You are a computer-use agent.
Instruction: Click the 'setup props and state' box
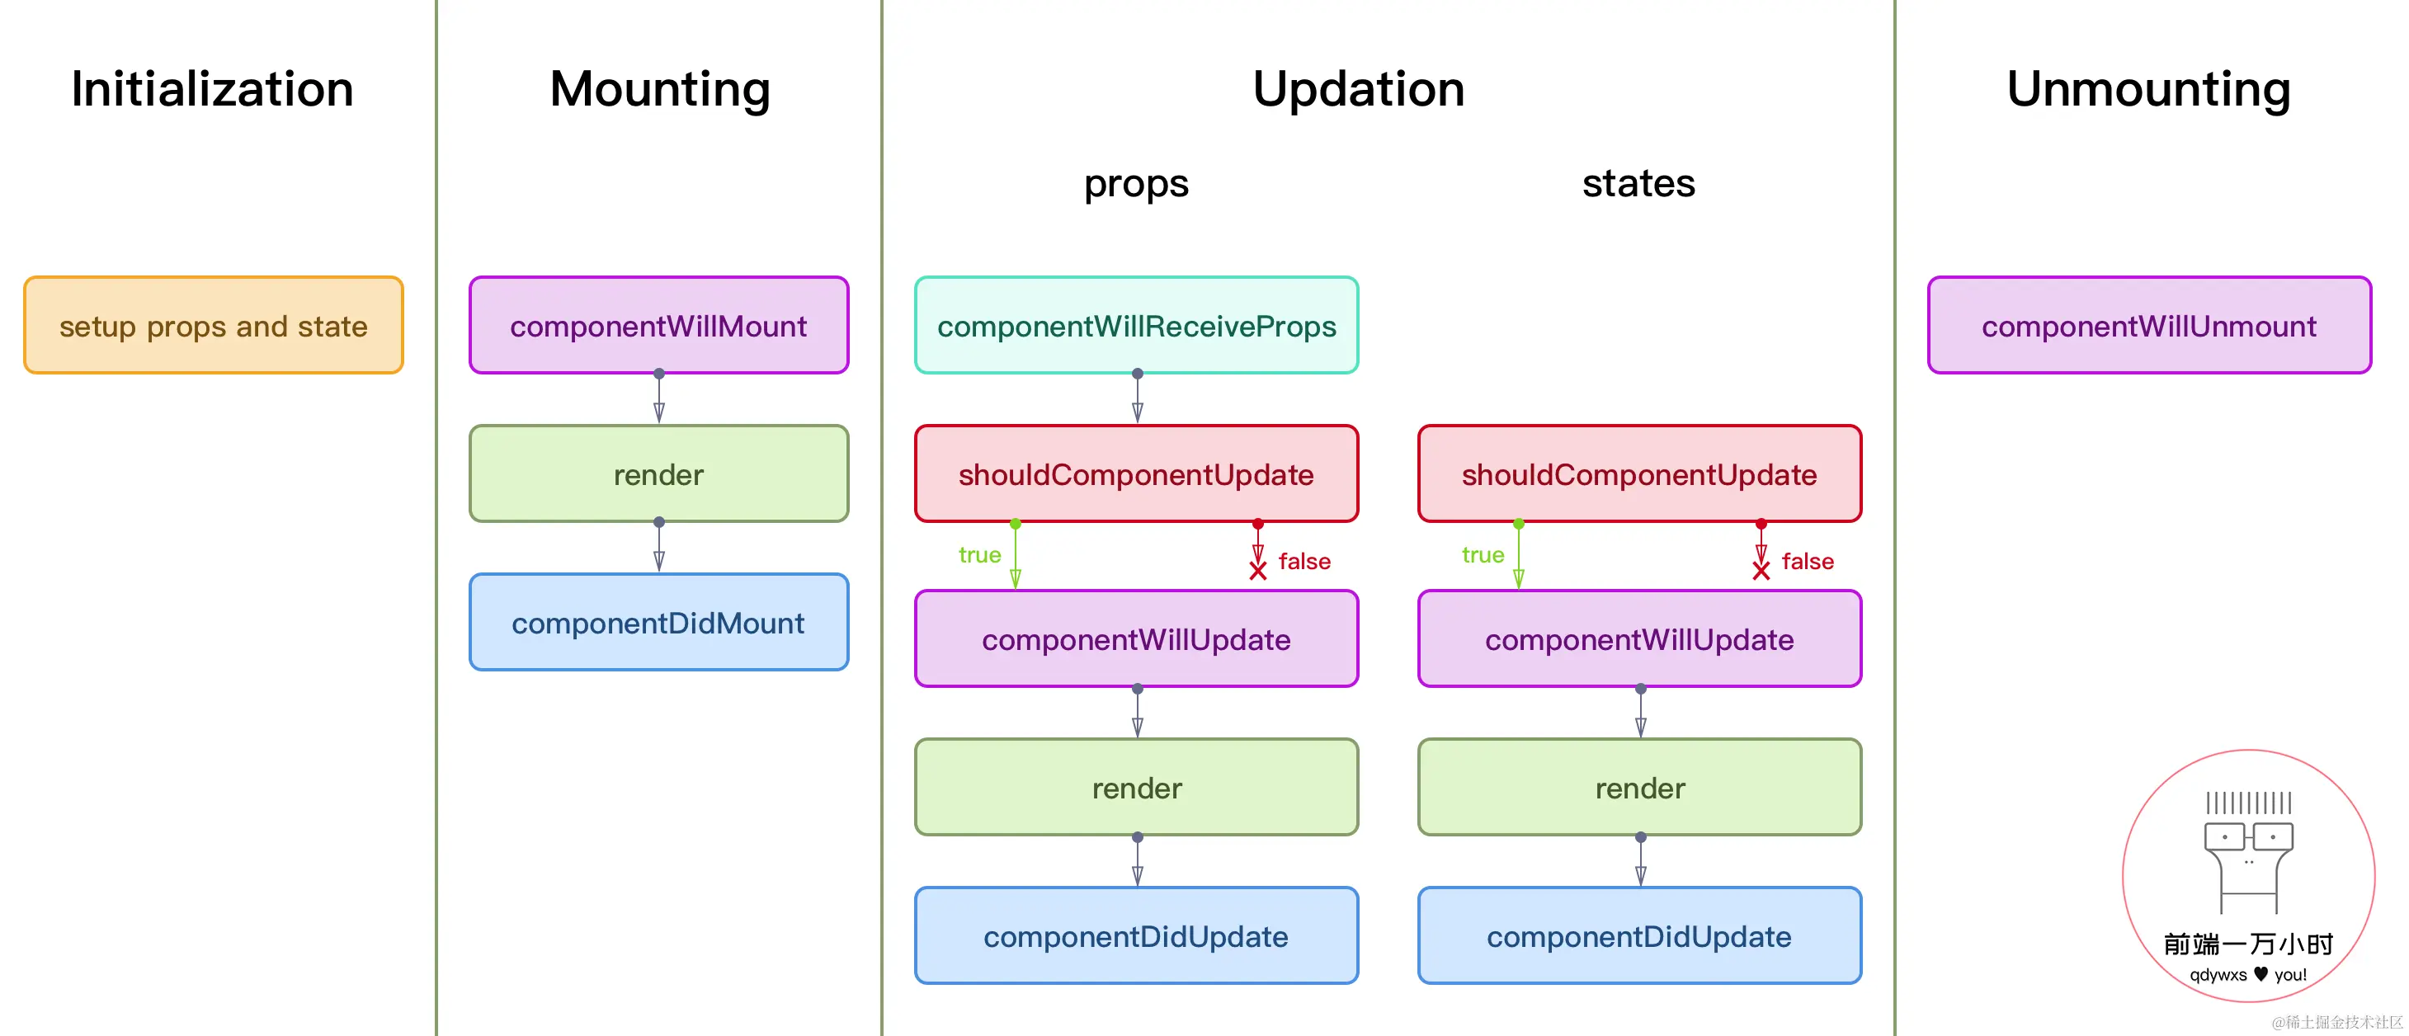pos(213,325)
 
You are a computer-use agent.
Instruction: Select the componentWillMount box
pos(659,325)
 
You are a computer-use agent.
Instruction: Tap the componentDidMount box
pos(659,623)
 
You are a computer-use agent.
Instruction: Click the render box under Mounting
pos(659,474)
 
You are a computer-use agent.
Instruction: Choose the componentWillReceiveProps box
pos(1136,325)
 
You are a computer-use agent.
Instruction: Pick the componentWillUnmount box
pos(2149,325)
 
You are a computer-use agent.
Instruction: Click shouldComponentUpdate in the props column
pos(1136,474)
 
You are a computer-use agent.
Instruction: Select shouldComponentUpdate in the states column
pos(1639,474)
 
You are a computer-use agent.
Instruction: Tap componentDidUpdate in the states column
pos(1639,936)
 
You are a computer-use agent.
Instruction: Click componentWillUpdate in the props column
pos(1136,639)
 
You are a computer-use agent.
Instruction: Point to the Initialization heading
pos(212,90)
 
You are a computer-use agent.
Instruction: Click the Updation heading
pos(1359,90)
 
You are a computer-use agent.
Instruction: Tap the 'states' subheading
pos(1638,183)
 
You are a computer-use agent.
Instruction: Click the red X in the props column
pos(1258,570)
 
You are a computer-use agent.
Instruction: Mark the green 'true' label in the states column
pos(1483,555)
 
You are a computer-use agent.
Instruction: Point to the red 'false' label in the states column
pos(1808,561)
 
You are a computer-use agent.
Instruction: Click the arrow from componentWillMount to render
pos(659,398)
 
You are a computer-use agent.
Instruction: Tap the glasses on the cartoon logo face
pos(2248,836)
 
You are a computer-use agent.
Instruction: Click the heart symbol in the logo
pos(2260,973)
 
